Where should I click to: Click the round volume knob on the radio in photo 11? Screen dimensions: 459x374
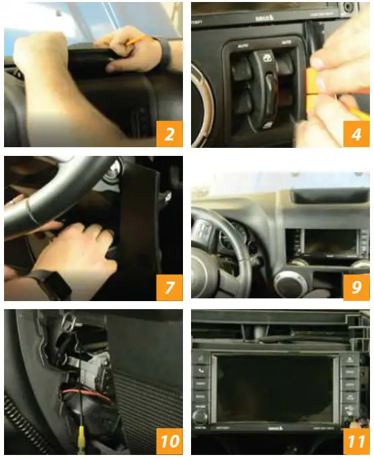pyautogui.click(x=200, y=417)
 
